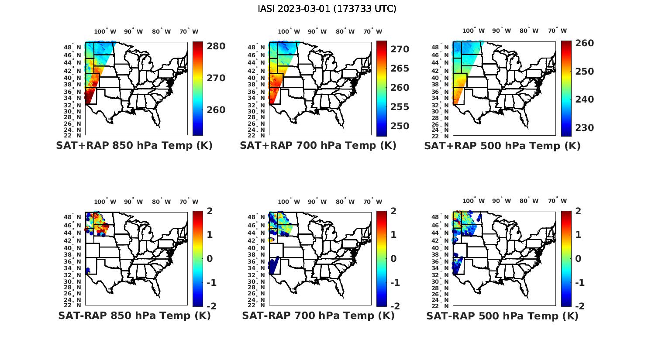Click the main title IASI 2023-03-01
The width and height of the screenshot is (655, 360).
pyautogui.click(x=327, y=9)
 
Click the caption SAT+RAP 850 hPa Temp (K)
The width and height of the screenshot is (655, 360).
pyautogui.click(x=134, y=146)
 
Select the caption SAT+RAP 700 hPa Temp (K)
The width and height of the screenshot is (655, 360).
pyautogui.click(x=318, y=146)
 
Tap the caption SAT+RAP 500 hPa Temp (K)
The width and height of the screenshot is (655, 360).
pyautogui.click(x=502, y=146)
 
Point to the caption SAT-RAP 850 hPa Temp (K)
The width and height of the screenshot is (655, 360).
pyautogui.click(x=134, y=315)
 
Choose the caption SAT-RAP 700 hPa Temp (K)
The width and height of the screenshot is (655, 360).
pyautogui.click(x=318, y=315)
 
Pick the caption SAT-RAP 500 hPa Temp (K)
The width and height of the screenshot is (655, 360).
pyautogui.click(x=502, y=315)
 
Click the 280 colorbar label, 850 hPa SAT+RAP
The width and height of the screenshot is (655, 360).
pyautogui.click(x=216, y=46)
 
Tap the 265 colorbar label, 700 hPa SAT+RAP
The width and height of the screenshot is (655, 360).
pyautogui.click(x=400, y=69)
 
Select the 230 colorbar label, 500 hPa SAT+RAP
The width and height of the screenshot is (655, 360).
pyautogui.click(x=584, y=128)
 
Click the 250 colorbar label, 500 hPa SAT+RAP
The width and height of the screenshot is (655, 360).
pyautogui.click(x=584, y=72)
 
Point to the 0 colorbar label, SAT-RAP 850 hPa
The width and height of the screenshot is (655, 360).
pyautogui.click(x=209, y=259)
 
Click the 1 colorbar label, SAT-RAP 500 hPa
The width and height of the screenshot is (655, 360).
pyautogui.click(x=578, y=235)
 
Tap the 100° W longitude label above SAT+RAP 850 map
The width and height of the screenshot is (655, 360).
pyautogui.click(x=105, y=31)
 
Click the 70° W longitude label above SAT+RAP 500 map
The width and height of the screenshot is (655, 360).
pyautogui.click(x=557, y=31)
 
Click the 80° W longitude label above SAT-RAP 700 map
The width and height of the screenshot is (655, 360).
pyautogui.click(x=346, y=202)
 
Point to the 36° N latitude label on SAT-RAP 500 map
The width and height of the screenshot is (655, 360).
pyautogui.click(x=442, y=261)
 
